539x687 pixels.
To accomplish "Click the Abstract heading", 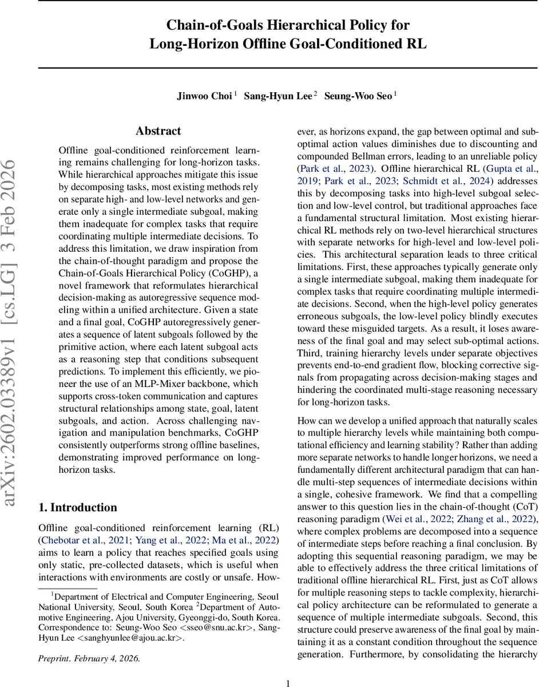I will click(x=158, y=131).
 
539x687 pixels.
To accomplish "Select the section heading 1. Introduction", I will click(x=77, y=507).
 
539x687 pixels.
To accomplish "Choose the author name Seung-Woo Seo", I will click(x=358, y=96).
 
